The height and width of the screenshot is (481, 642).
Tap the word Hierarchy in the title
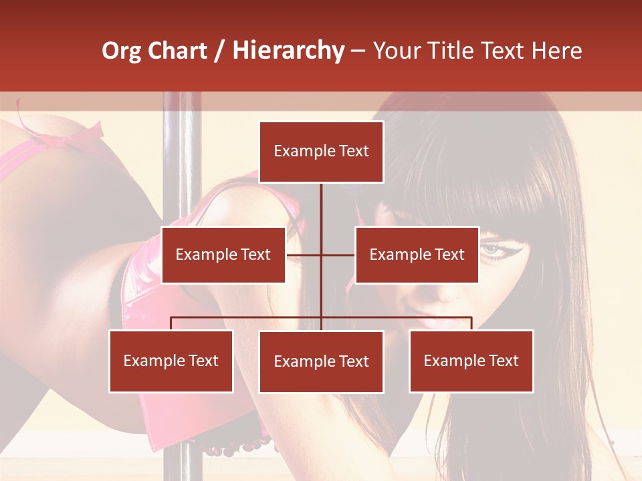pos(288,51)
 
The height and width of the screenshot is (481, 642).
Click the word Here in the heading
pos(556,51)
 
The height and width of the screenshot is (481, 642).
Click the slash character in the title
pos(219,51)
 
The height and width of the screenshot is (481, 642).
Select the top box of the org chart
pos(321,152)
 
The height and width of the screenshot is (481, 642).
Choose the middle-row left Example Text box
pos(223,255)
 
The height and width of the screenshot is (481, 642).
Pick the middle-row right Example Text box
pos(417,255)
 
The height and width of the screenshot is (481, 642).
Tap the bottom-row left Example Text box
pos(171,361)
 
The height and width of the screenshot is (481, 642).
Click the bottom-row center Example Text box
pos(321,361)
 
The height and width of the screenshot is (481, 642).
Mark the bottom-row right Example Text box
pos(471,361)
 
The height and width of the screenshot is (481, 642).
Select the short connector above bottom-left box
pos(171,323)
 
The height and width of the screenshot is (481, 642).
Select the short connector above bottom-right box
pos(471,323)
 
